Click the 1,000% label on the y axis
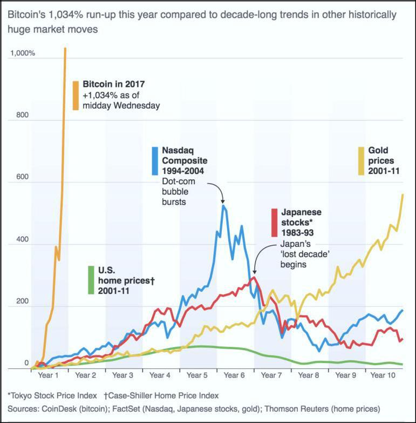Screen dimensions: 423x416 click(22, 53)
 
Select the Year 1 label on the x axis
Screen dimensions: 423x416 click(49, 375)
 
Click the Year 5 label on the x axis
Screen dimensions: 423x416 click(197, 375)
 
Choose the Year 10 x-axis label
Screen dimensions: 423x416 click(384, 375)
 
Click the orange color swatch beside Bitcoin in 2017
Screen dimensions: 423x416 click(76, 97)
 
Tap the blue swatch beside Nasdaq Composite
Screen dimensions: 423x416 click(155, 160)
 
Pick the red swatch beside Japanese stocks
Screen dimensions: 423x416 click(275, 222)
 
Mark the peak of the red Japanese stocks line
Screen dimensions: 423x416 click(254, 278)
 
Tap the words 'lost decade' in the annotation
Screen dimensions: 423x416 click(295, 255)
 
